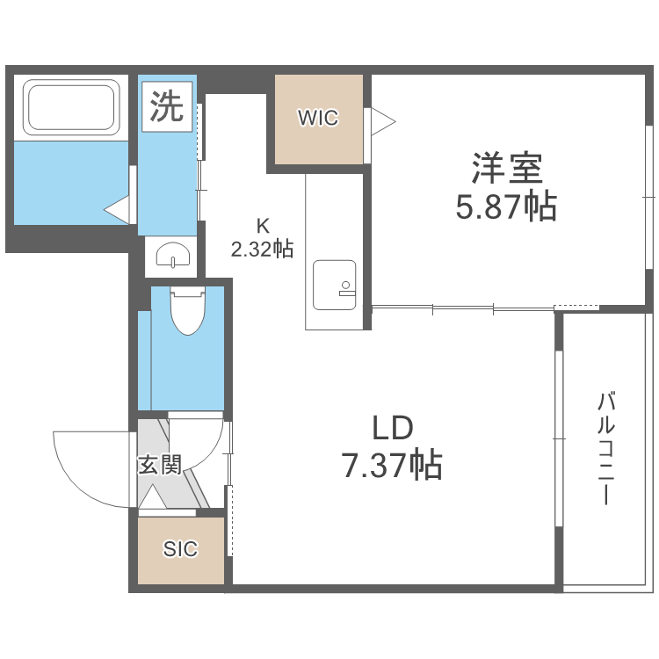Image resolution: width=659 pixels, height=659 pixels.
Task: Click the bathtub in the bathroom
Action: [x=72, y=107]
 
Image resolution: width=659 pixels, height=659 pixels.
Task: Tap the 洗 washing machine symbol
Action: [x=166, y=107]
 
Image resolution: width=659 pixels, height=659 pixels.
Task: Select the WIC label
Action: [x=318, y=118]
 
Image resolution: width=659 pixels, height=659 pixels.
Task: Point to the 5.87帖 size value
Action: [x=505, y=206]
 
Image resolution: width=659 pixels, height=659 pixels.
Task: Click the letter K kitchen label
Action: [x=262, y=223]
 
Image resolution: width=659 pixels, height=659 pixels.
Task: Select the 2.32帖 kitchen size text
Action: [x=262, y=250]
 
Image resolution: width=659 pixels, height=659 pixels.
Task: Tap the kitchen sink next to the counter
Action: [x=336, y=285]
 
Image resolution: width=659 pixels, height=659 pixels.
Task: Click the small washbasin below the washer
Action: [x=173, y=256]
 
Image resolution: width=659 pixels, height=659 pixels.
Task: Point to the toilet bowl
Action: [x=186, y=312]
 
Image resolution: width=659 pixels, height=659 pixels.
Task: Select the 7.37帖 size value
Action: [x=392, y=464]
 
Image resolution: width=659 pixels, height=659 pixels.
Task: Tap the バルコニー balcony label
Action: [x=605, y=449]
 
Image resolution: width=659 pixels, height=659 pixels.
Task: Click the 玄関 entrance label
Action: [x=159, y=465]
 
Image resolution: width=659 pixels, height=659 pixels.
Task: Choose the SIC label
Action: [x=180, y=549]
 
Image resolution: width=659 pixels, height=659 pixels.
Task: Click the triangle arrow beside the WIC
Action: [x=382, y=121]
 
